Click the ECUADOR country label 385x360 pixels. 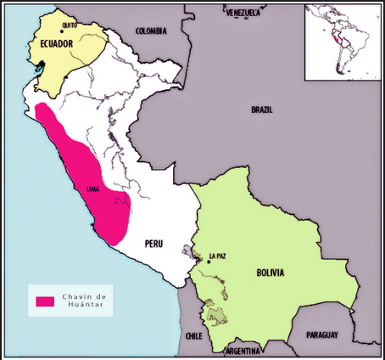55,42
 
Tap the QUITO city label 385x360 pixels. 70,25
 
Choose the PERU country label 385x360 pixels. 153,244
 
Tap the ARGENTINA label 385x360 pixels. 243,350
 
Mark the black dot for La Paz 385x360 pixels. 208,262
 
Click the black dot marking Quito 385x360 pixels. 62,32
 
